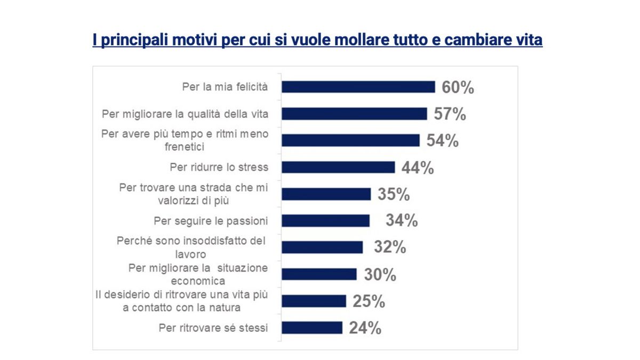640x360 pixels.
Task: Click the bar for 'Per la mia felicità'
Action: [x=358, y=87]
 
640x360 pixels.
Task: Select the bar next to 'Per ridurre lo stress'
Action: [x=338, y=167]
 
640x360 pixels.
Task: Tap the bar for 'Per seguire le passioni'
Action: [x=325, y=220]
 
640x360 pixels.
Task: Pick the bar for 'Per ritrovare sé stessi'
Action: [x=312, y=327]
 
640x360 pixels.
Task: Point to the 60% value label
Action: [x=458, y=87]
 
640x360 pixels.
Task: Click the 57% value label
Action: [x=450, y=114]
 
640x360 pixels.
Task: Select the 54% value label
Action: [x=442, y=141]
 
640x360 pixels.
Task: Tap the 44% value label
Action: [x=418, y=167]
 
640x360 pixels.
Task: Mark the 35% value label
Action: [x=394, y=194]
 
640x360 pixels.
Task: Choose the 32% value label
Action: [x=390, y=247]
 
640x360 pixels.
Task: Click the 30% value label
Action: [x=380, y=275]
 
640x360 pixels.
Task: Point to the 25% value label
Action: [x=369, y=301]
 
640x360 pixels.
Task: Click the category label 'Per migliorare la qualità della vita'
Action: [x=185, y=114]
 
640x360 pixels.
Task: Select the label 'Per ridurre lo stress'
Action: [x=219, y=167]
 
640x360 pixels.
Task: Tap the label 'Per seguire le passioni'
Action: [x=211, y=220]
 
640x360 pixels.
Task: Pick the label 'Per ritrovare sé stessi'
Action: [x=213, y=327]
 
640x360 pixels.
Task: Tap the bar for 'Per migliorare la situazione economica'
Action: [x=319, y=274]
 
